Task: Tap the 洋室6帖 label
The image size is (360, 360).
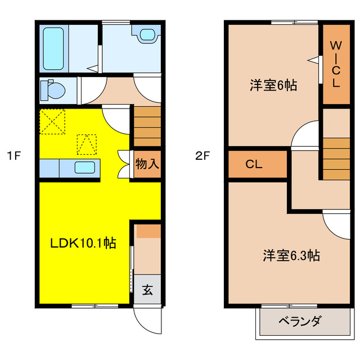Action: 273,86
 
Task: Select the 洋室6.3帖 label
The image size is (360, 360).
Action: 291,255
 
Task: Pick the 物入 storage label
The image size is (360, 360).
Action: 147,164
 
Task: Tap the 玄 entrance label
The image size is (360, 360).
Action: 147,290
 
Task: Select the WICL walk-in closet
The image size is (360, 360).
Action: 335,63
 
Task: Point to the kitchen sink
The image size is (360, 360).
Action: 85,168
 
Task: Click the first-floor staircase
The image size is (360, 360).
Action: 147,127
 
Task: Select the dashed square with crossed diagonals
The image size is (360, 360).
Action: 52,121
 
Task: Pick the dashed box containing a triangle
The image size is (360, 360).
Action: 86,144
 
